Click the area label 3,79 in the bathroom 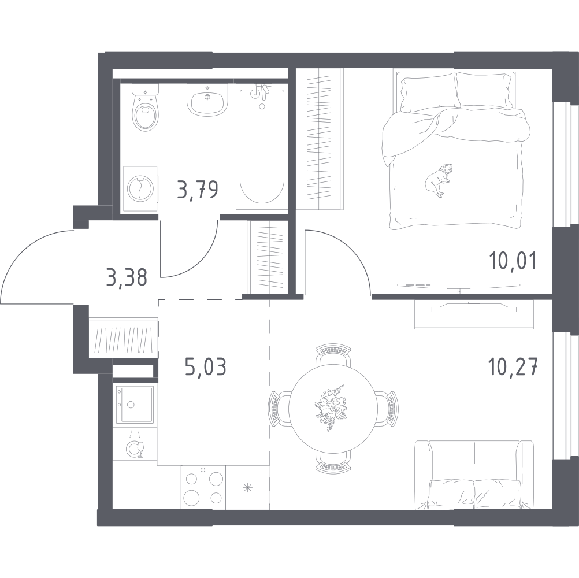pyautogui.click(x=198, y=189)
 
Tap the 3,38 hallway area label pyautogui.click(x=127, y=277)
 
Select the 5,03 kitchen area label pyautogui.click(x=205, y=367)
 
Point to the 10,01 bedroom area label pyautogui.click(x=513, y=260)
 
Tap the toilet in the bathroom pyautogui.click(x=146, y=107)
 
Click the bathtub pyautogui.click(x=262, y=147)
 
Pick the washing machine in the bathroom pyautogui.click(x=140, y=189)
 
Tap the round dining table pyautogui.click(x=333, y=409)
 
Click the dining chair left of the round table pyautogui.click(x=279, y=409)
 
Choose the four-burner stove pyautogui.click(x=203, y=487)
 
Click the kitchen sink pyautogui.click(x=135, y=405)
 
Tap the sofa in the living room pyautogui.click(x=474, y=475)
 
